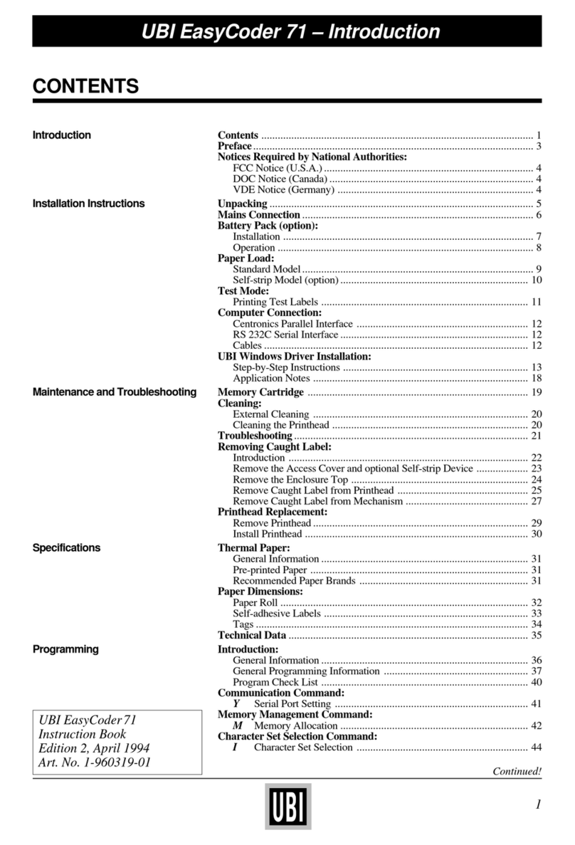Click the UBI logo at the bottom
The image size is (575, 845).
coord(287,806)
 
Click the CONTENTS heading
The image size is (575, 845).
coord(85,87)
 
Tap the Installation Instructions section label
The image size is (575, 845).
coord(88,204)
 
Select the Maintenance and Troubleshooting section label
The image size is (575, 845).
coord(114,392)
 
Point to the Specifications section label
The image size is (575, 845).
coord(66,548)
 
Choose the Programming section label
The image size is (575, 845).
coord(65,649)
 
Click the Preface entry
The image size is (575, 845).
coord(234,146)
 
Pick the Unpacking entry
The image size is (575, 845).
coord(242,204)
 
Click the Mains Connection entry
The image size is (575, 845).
coord(258,215)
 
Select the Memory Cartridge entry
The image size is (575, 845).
coord(260,392)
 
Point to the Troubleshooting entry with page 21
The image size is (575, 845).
coord(255,435)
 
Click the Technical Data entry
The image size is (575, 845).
coord(251,635)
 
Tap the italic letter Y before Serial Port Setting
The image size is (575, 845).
coord(236,703)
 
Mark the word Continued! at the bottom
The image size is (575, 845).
coord(517,771)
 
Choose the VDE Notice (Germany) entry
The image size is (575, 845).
coord(283,190)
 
